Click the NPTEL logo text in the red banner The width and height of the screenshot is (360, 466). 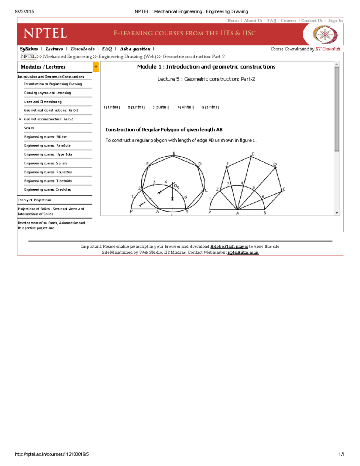pos(45,33)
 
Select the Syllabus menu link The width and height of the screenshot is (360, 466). pos(29,49)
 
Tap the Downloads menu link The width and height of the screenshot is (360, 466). pos(82,49)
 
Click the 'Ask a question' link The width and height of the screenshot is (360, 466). pos(135,49)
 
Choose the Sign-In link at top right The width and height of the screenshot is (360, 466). pos(335,21)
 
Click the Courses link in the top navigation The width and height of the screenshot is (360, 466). pos(288,21)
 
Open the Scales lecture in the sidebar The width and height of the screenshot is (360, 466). pos(29,128)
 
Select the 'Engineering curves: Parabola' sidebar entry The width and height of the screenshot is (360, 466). pos(47,146)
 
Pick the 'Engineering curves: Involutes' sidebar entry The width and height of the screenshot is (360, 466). pos(47,190)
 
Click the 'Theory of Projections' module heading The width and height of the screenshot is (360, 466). pos(34,200)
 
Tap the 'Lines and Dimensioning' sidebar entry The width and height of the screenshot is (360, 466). pos(43,102)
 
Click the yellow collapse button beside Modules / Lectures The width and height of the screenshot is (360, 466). pos(96,67)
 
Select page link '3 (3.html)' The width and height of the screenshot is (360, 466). pos(161,107)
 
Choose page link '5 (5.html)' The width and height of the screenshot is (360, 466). pos(210,107)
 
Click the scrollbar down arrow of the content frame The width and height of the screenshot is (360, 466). pos(337,213)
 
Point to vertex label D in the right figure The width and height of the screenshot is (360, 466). pos(275,164)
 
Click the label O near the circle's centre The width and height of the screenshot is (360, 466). pos(175,186)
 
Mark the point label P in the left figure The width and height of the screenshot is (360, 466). pos(131,212)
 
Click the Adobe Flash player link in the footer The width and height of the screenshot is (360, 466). pos(229,247)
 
